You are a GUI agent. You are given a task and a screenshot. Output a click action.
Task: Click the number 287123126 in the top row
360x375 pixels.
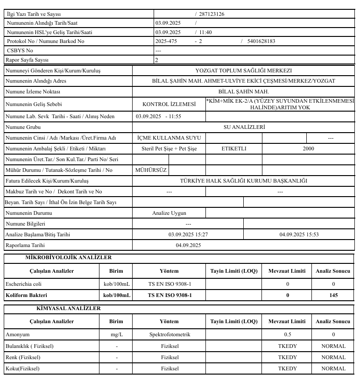pos(211,14)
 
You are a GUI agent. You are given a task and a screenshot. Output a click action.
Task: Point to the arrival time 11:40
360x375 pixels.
pos(205,32)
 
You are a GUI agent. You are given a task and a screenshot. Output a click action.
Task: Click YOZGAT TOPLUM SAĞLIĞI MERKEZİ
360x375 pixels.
pos(243,71)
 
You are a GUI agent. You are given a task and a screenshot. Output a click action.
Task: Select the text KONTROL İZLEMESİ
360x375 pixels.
pos(169,104)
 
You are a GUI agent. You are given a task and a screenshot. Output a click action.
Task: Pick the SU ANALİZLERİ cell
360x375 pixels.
pos(243,127)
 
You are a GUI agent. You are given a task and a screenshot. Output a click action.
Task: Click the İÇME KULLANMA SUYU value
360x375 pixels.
pos(169,138)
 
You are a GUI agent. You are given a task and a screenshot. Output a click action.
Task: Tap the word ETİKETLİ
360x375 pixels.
pos(234,149)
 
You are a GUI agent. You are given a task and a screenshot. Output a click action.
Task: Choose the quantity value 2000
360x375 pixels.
pos(308,149)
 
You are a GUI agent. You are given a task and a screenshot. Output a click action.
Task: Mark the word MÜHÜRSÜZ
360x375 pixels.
pos(151,170)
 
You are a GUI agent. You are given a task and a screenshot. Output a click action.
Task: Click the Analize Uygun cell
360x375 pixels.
pos(169,212)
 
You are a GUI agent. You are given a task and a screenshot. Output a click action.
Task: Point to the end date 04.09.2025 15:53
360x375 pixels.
pos(299,234)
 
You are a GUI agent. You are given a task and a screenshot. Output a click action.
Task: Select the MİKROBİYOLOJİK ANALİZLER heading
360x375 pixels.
pos(68,257)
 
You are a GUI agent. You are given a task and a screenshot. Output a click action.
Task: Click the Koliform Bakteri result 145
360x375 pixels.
pos(333,295)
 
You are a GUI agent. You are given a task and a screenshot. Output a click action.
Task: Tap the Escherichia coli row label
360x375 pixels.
pos(24,283)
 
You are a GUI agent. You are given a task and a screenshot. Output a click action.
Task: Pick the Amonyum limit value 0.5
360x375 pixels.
pos(288,334)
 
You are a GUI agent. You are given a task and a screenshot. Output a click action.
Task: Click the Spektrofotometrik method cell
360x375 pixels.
pos(169,334)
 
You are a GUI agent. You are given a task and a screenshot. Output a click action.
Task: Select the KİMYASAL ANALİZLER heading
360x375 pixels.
pos(68,308)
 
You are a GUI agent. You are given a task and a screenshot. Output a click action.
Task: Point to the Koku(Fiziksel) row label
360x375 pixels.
pos(22,368)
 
